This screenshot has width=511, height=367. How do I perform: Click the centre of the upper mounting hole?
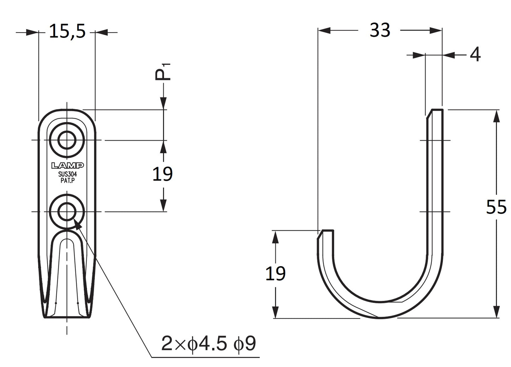(67, 140)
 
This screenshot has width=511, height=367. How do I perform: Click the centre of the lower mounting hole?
(67, 212)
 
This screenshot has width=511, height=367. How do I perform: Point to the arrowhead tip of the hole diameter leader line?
(74, 219)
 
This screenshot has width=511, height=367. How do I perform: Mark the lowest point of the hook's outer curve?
(380, 318)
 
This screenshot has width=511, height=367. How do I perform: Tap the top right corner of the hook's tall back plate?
(443, 110)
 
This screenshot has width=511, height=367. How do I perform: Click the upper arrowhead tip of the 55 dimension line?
(497, 110)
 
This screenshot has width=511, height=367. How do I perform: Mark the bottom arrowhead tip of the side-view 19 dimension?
(275, 318)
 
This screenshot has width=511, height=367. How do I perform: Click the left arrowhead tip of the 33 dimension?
(318, 30)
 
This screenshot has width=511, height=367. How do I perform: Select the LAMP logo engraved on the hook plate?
(68, 166)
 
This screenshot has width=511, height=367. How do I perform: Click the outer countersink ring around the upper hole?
(67, 140)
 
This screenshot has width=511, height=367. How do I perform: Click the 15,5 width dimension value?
(67, 31)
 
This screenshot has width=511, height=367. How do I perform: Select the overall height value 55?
(496, 207)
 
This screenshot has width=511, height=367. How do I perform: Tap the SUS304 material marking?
(68, 174)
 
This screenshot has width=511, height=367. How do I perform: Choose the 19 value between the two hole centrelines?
(162, 174)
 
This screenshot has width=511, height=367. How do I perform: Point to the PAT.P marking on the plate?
(68, 180)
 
